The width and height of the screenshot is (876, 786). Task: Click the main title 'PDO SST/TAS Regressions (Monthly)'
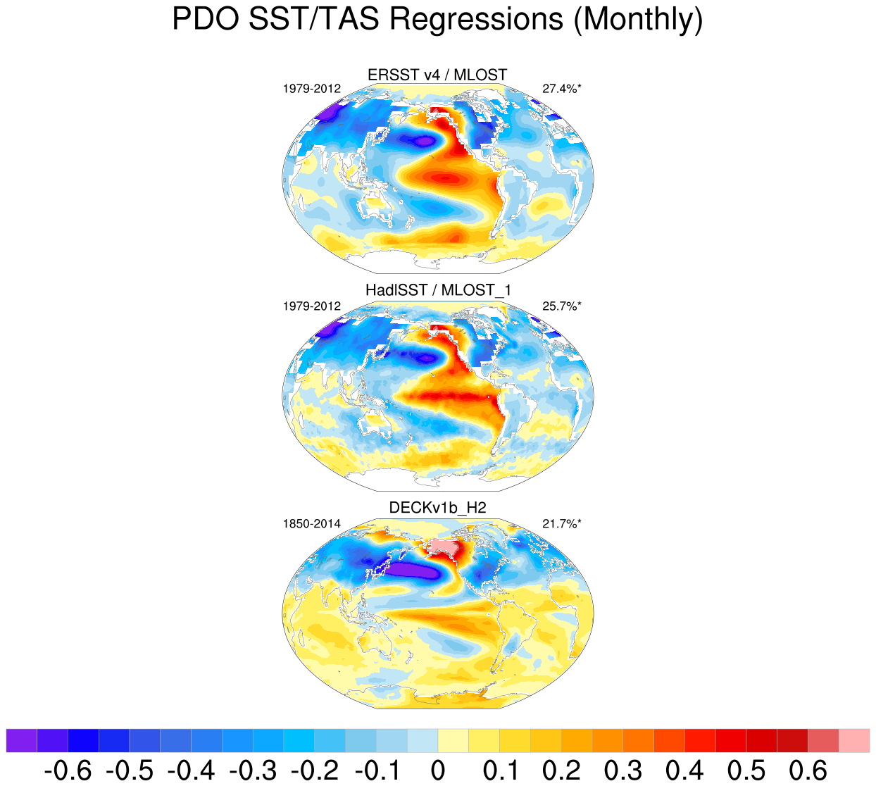click(437, 19)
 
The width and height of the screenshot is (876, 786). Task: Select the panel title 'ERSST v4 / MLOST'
click(437, 75)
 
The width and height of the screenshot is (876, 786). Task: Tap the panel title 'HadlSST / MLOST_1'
click(437, 290)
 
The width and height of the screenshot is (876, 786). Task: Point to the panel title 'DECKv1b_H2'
click(437, 508)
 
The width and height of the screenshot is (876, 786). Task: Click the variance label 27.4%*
click(562, 89)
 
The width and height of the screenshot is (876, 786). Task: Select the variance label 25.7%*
click(562, 306)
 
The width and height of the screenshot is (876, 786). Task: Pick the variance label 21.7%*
click(562, 523)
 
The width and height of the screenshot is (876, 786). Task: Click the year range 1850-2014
click(312, 523)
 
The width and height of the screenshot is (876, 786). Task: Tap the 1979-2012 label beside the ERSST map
click(312, 89)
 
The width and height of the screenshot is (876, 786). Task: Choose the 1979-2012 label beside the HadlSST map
click(312, 306)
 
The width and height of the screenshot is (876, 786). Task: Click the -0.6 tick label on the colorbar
click(68, 771)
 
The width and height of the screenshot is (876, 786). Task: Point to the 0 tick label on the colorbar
click(437, 771)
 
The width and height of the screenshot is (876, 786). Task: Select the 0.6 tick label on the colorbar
click(808, 771)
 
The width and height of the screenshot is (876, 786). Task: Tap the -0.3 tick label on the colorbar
click(253, 771)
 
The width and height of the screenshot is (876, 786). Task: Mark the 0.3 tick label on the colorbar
click(623, 771)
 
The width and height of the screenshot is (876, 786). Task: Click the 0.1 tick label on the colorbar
click(500, 771)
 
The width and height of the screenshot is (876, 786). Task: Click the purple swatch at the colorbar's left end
click(21, 741)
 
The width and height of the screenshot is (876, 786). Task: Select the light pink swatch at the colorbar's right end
click(854, 741)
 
